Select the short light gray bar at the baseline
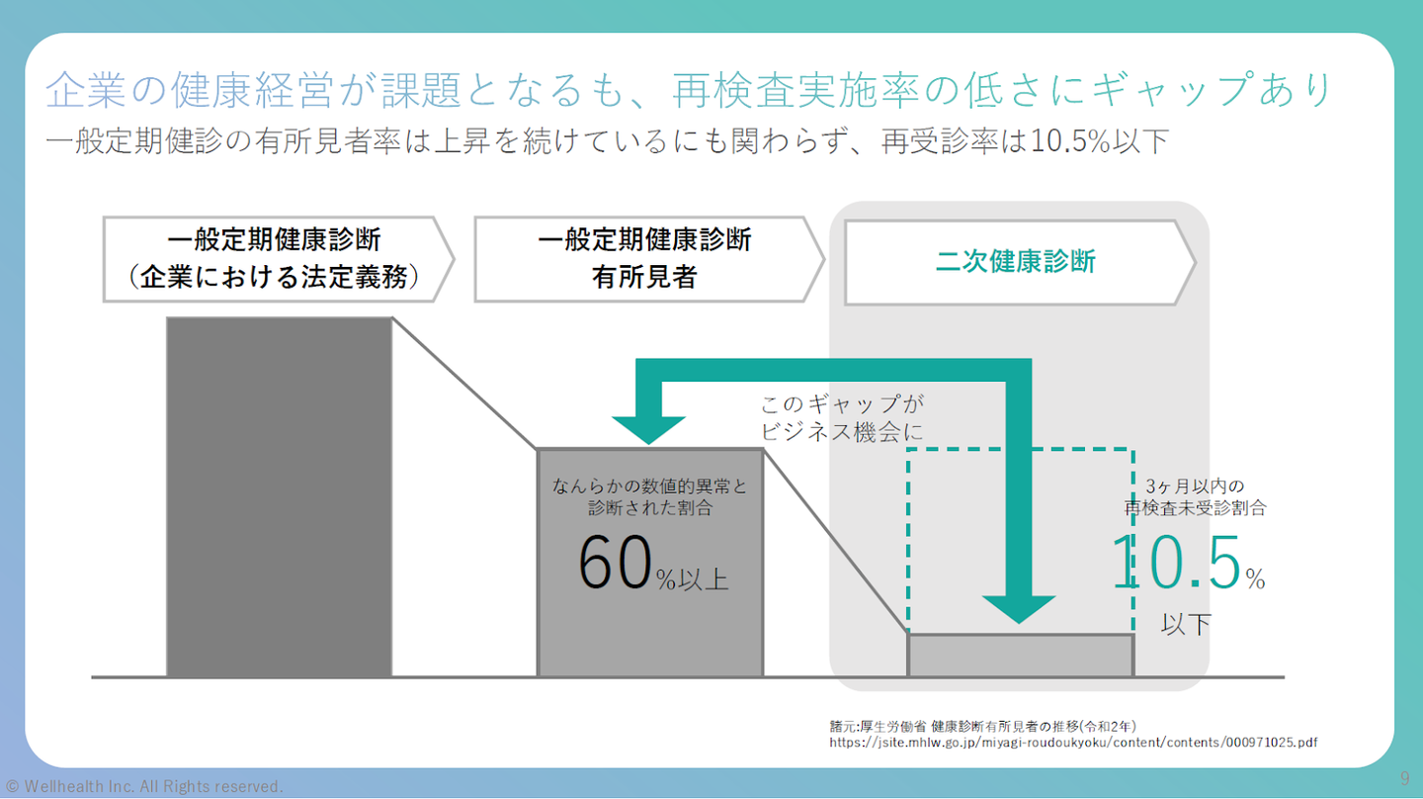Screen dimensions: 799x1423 tap(1020, 656)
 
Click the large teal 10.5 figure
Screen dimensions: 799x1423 tap(1176, 562)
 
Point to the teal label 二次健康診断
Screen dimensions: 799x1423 tap(1015, 262)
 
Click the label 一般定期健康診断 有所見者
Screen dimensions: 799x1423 tap(644, 259)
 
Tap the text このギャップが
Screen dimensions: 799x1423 tap(842, 404)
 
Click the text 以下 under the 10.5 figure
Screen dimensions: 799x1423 tap(1186, 625)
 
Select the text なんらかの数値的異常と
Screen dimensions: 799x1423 tap(650, 487)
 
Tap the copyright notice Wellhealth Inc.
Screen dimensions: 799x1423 tap(144, 786)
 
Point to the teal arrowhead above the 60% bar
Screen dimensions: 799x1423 tap(648, 429)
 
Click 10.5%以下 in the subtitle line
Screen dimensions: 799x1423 tap(1100, 140)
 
